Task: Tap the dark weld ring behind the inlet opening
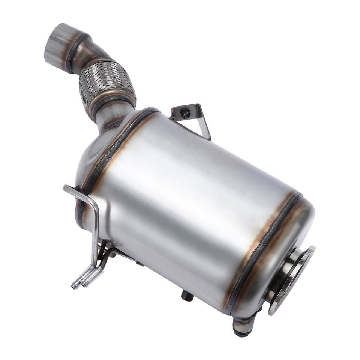tap(75, 52)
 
